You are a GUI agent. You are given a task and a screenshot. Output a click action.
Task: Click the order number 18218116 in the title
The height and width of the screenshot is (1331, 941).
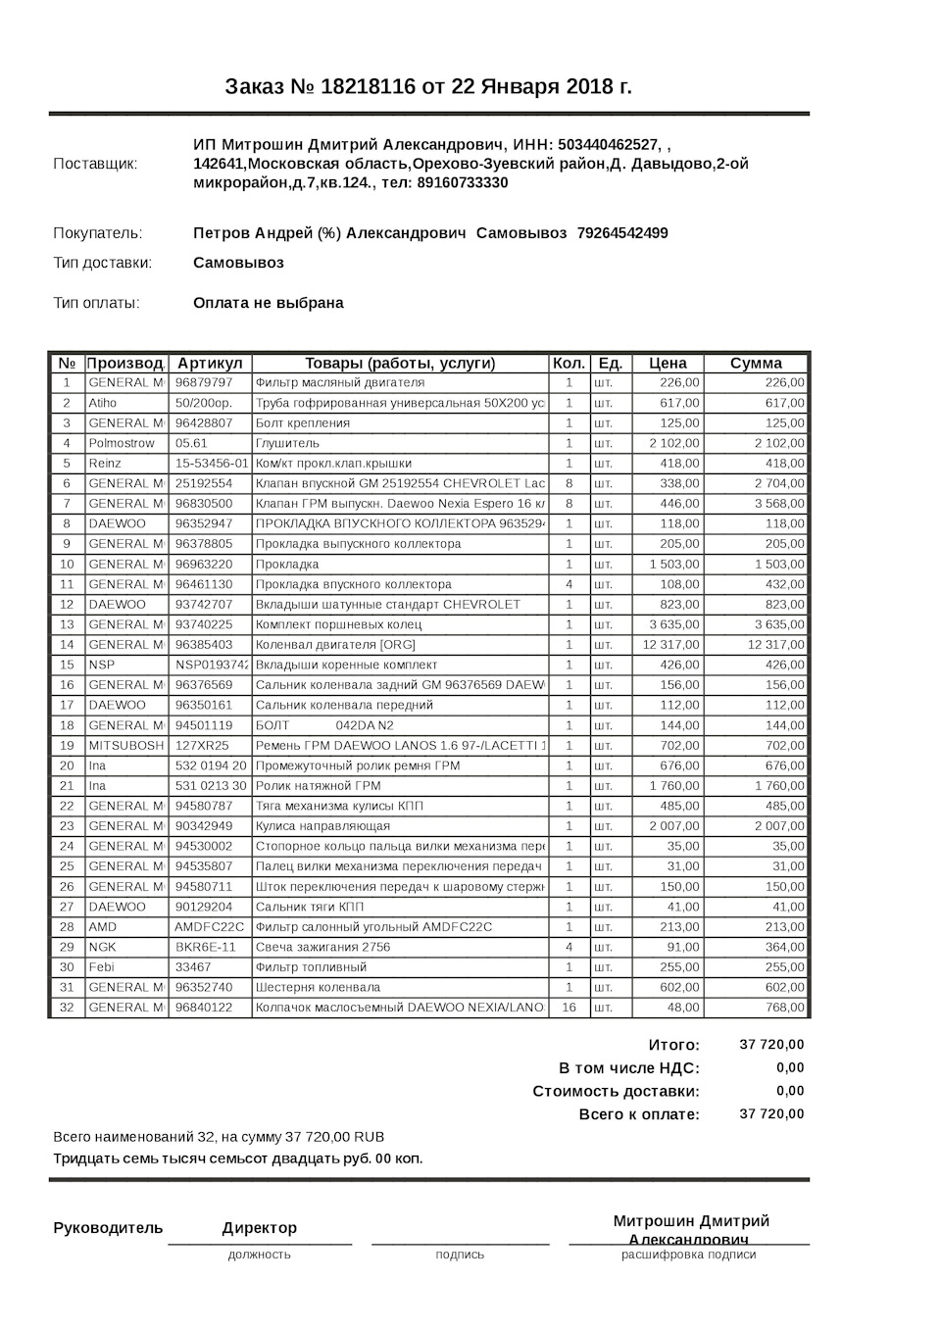pos(368,87)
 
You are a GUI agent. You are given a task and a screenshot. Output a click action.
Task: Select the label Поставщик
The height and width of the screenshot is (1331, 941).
pos(95,164)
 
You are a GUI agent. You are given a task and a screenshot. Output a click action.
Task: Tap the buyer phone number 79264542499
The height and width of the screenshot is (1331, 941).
pos(622,233)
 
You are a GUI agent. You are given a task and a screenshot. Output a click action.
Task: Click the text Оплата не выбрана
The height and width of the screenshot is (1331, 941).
pos(268,303)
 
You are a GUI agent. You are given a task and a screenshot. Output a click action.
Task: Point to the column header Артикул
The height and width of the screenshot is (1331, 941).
pos(209,364)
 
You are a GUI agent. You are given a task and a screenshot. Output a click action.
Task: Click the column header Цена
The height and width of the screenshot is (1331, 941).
pos(668,364)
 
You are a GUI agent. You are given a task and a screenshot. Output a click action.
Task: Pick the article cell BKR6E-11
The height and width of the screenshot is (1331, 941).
pos(205,947)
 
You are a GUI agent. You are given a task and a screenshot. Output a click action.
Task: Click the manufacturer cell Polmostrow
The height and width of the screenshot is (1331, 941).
pos(122,443)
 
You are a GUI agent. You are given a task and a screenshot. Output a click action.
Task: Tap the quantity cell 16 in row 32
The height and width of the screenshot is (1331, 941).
pos(569,1008)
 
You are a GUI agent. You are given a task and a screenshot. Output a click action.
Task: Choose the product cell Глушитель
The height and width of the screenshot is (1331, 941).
pos(287,443)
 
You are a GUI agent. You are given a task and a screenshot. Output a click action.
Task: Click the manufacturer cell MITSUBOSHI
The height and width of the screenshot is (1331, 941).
pos(126,746)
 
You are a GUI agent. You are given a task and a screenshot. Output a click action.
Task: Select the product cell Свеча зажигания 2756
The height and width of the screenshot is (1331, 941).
pos(322,947)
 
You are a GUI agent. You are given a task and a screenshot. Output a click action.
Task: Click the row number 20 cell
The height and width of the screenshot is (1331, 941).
pos(67,765)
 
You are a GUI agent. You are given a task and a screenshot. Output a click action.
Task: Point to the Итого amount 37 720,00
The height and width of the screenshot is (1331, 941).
pos(771,1045)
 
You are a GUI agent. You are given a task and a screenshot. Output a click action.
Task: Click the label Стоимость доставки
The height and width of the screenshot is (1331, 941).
pos(616,1091)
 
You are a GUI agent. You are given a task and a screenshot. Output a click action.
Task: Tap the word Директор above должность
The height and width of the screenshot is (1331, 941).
pos(259,1228)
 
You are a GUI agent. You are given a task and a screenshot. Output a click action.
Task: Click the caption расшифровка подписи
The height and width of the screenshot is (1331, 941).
pos(688,1255)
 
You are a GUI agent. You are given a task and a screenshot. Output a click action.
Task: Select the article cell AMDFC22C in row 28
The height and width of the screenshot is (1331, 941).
pos(209,927)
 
